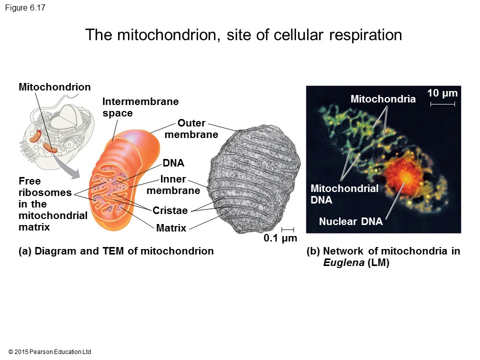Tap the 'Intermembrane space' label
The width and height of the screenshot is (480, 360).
coord(140,107)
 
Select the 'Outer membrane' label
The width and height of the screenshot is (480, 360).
coord(191,129)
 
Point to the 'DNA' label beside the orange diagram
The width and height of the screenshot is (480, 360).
coord(173,163)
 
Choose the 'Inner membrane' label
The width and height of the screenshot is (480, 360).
coord(173,185)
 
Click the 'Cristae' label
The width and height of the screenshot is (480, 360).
coord(170,210)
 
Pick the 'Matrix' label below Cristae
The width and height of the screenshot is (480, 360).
coord(171,228)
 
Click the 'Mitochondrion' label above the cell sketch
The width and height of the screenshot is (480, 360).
coord(55,87)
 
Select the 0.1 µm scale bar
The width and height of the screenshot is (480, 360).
coord(287,229)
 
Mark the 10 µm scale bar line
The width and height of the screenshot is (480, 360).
coord(442,104)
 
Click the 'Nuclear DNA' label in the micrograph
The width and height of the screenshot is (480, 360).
coord(350,221)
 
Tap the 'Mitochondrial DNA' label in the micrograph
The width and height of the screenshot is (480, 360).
coord(344,194)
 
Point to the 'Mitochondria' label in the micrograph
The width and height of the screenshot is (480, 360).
coord(383,99)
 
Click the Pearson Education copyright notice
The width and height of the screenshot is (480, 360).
coord(50,352)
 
